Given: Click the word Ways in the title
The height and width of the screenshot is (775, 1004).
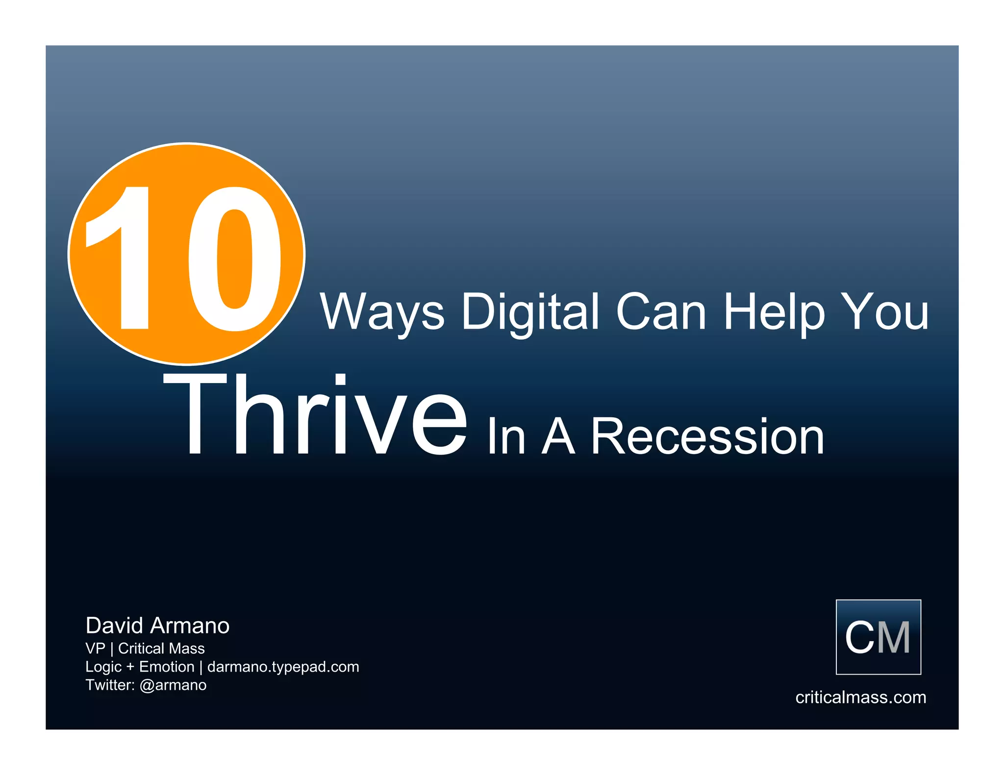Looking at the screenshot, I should [x=382, y=312].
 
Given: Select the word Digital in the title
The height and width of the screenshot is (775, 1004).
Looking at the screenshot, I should [x=530, y=312].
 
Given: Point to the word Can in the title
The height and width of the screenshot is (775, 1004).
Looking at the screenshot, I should [x=661, y=312].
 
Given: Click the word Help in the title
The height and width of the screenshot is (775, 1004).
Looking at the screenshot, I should [x=775, y=312].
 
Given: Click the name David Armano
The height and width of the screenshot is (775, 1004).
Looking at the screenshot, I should [x=157, y=626].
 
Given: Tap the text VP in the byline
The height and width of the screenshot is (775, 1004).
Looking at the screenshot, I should [x=95, y=649].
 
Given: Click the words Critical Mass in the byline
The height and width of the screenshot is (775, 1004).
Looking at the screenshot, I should [x=161, y=649].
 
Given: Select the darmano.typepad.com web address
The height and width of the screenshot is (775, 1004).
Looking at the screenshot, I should [x=283, y=667].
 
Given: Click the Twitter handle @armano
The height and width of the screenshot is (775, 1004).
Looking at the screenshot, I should [x=173, y=685].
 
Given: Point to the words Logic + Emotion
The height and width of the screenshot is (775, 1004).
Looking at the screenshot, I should [x=140, y=667].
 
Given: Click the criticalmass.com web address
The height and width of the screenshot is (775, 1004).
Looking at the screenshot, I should [x=860, y=697].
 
